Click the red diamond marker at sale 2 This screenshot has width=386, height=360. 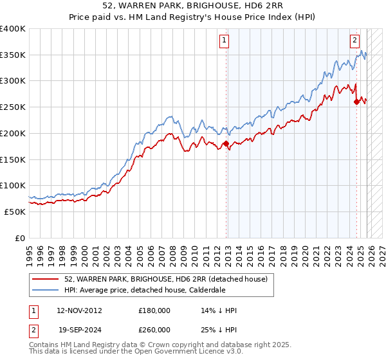(356, 102)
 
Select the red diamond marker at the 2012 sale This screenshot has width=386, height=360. (226, 143)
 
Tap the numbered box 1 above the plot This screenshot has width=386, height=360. (225, 40)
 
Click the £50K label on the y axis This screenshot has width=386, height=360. (14, 212)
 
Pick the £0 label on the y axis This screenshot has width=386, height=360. (19, 238)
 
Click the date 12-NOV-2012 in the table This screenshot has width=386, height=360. (79, 310)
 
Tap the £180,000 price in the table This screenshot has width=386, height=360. (154, 310)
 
